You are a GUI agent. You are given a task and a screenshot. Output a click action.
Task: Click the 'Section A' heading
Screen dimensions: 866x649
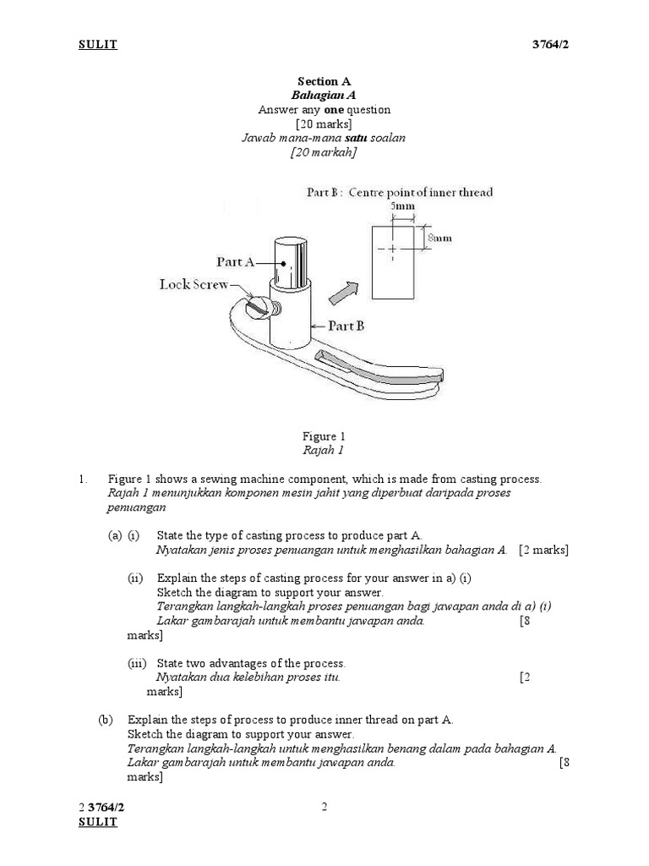point(324,82)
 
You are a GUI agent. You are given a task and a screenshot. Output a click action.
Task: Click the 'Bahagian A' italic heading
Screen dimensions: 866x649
point(324,96)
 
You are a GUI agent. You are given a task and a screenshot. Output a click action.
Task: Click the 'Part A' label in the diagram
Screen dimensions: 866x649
point(237,262)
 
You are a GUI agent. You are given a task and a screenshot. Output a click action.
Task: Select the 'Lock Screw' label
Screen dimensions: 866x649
point(194,284)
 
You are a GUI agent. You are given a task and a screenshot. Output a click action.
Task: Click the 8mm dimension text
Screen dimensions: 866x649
point(439,238)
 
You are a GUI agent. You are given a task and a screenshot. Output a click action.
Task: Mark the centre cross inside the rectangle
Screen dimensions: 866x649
point(391,249)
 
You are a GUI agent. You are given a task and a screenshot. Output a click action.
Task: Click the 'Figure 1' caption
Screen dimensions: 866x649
point(324,436)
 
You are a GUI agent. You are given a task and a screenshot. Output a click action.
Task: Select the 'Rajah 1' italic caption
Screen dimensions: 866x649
point(324,451)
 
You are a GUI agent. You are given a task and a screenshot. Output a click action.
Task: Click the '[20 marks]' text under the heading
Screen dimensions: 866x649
point(324,124)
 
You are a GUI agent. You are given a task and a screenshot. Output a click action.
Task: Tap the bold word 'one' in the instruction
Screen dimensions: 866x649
point(326,110)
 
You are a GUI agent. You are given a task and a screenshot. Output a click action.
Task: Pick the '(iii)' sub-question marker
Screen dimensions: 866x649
point(137,663)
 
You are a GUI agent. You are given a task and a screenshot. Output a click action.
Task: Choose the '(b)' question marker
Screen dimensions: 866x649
point(106,720)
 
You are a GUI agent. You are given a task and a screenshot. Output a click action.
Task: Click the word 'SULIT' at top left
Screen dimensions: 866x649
point(98,45)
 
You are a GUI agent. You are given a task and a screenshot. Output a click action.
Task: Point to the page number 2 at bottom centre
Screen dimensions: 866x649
point(324,807)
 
